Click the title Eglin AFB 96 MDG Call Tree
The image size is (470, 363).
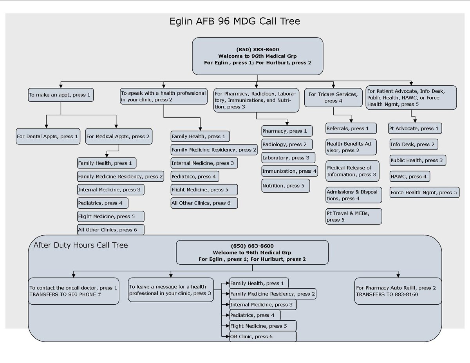[x=235, y=21]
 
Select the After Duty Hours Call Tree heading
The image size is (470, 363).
[x=80, y=246]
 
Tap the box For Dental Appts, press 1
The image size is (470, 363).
[x=48, y=137]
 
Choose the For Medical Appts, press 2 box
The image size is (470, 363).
[x=118, y=137]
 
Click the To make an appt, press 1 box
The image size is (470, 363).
[x=61, y=95]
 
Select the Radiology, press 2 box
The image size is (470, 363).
[x=287, y=144]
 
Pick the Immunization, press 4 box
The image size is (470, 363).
[x=289, y=171]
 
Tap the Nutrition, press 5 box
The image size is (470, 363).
[x=286, y=186]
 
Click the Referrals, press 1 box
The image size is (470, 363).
[x=351, y=128]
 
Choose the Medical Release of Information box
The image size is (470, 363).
[x=352, y=171]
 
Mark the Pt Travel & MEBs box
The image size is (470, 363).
[x=353, y=216]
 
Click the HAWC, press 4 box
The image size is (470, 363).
[x=409, y=177]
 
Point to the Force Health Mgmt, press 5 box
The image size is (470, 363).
[x=424, y=193]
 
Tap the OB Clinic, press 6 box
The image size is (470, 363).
[x=262, y=336]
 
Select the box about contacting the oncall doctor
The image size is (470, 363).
[x=73, y=291]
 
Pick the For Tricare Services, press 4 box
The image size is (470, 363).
[x=333, y=98]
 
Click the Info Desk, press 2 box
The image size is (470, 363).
[x=413, y=144]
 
